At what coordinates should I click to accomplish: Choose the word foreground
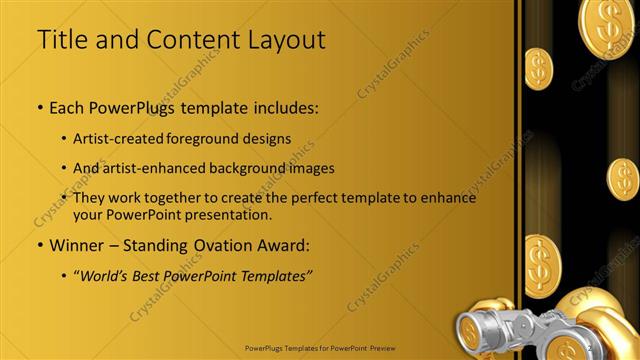tap(214, 138)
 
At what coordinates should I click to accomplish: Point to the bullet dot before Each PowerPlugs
tap(39, 106)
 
